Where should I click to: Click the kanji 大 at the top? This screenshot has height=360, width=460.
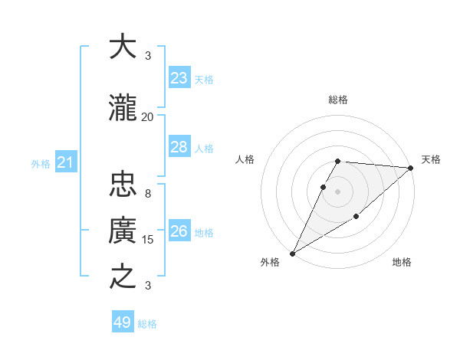tap(123, 47)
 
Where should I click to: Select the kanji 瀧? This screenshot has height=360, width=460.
tap(123, 109)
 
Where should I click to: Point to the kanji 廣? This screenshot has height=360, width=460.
tap(123, 231)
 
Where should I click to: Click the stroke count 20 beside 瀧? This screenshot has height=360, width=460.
tap(148, 116)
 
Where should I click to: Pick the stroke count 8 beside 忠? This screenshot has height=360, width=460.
tap(148, 193)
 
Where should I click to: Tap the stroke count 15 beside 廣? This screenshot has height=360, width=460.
tap(148, 239)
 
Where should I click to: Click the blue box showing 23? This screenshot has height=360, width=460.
tap(179, 78)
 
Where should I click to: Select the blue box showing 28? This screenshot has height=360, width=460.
tap(179, 147)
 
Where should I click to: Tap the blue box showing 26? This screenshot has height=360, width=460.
tap(179, 231)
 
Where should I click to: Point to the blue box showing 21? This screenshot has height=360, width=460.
tap(65, 162)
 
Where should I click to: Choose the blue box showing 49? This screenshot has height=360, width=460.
tap(123, 322)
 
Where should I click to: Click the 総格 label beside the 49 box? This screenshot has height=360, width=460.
tap(147, 324)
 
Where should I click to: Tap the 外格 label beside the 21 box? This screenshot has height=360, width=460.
tap(41, 163)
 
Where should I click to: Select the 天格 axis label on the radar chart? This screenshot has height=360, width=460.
tap(431, 159)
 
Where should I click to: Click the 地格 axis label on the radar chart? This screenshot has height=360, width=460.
tap(402, 262)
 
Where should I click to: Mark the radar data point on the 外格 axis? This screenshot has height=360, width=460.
tap(292, 254)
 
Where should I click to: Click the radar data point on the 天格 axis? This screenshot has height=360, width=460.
tap(411, 168)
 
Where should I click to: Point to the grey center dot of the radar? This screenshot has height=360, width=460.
tap(337, 191)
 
